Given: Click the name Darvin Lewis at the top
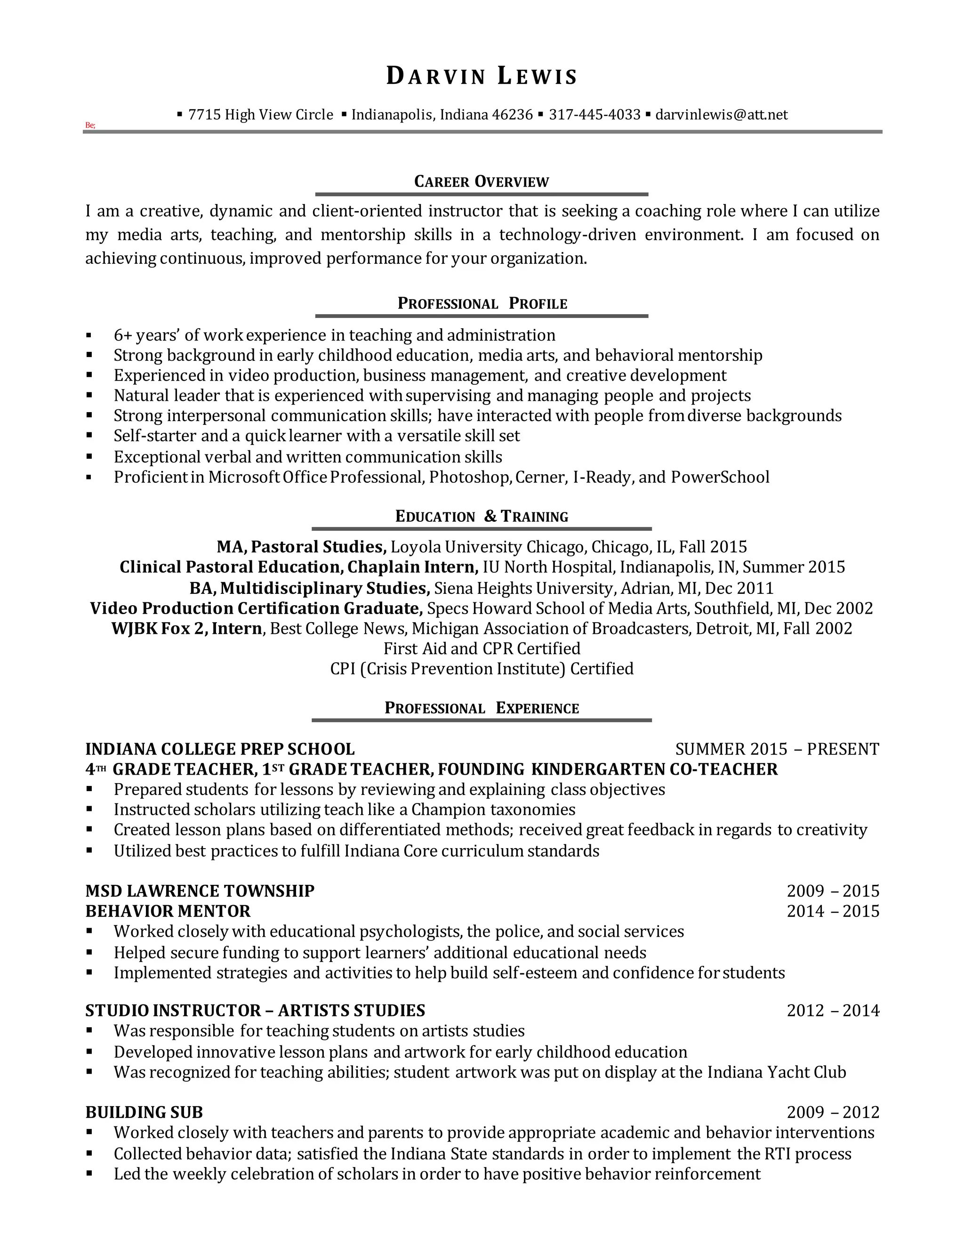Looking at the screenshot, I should (x=482, y=76).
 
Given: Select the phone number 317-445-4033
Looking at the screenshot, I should (x=594, y=115).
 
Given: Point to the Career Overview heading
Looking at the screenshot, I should (x=482, y=182).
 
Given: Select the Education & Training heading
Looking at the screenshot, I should (x=482, y=517).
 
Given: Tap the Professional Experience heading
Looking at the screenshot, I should (x=482, y=708).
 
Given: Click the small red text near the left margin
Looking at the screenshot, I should (x=90, y=125).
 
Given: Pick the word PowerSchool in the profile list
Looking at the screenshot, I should (x=720, y=477).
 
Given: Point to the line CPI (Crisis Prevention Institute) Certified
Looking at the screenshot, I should (x=482, y=669).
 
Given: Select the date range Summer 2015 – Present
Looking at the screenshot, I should (x=777, y=749).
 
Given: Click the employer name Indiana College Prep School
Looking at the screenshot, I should (x=220, y=749).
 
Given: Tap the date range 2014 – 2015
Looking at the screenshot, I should (x=833, y=911).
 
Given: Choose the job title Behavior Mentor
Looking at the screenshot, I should (x=168, y=911).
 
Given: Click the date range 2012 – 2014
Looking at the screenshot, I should (x=833, y=1010).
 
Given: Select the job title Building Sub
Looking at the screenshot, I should (x=144, y=1112).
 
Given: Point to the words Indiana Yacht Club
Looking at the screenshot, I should (x=776, y=1072).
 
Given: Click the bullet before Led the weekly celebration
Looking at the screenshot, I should (x=89, y=1174).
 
